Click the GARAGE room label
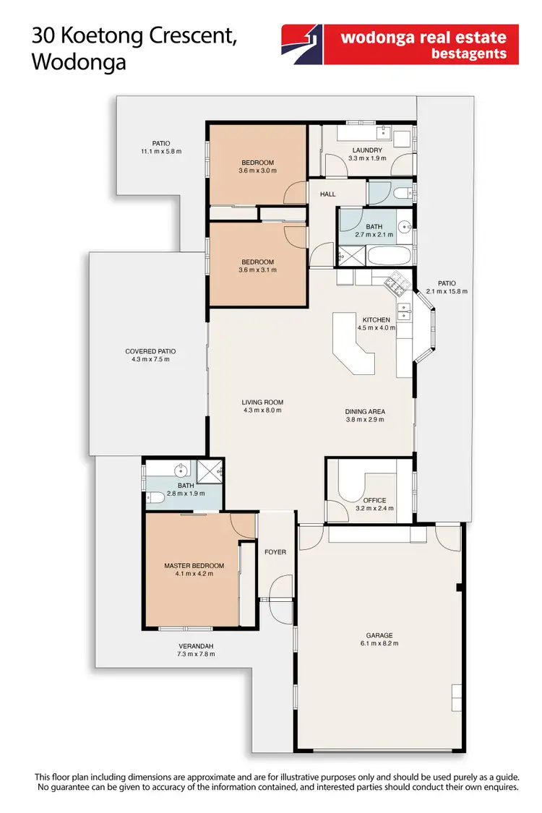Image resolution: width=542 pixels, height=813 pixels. [379, 636]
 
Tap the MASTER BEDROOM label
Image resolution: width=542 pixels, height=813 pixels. [194, 565]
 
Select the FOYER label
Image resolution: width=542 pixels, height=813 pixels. [275, 552]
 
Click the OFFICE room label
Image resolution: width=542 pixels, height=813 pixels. [374, 500]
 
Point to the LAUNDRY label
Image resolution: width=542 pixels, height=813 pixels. [367, 150]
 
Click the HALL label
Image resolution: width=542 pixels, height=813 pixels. [327, 194]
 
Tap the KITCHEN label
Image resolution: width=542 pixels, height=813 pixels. [376, 319]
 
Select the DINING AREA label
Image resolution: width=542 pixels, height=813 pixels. [365, 411]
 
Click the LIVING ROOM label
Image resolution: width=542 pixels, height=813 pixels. [262, 403]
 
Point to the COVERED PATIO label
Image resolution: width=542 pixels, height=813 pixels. [150, 352]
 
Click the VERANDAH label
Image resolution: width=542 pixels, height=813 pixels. [197, 646]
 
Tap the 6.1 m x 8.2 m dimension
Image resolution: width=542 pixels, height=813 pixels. [379, 644]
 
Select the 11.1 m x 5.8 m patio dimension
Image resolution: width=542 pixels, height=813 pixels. [161, 152]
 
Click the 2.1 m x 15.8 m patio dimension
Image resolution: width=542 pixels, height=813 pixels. [447, 291]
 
